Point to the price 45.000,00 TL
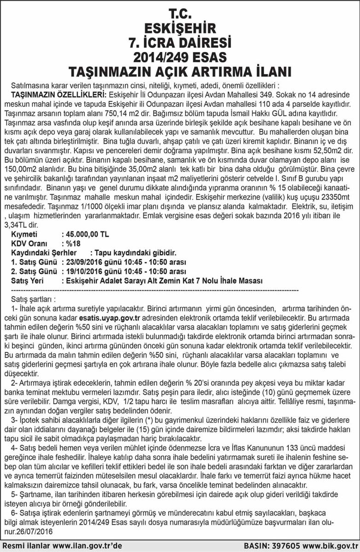click(87, 234)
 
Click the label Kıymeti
click(23, 234)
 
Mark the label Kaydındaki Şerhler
click(44, 253)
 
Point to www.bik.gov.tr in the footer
click(327, 545)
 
